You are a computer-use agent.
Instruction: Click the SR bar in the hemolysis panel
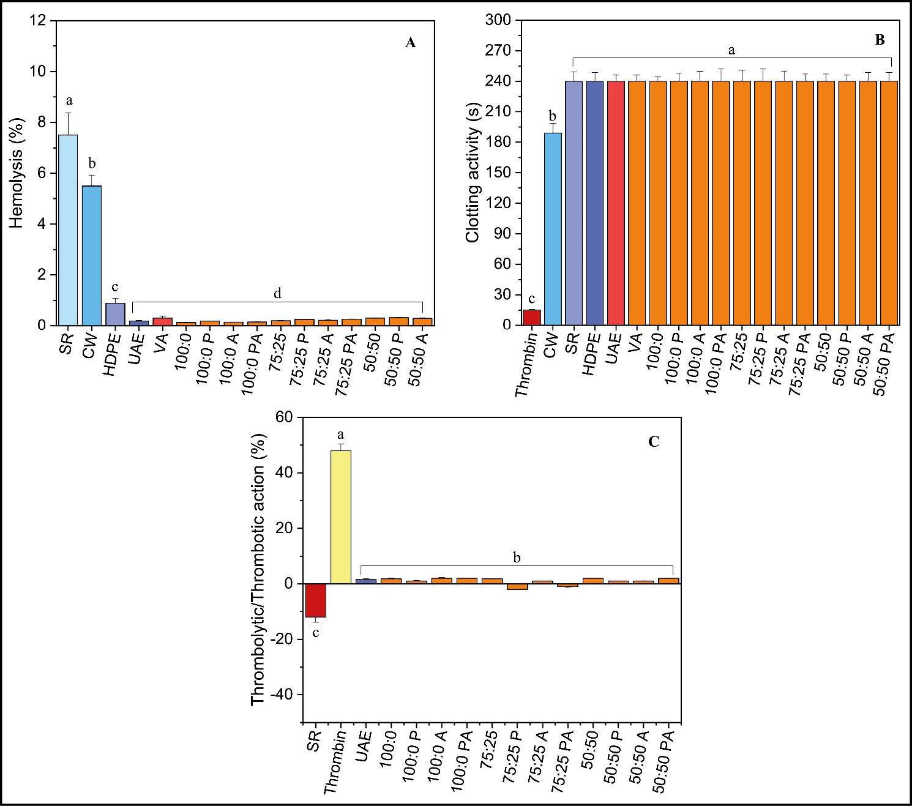coord(68,229)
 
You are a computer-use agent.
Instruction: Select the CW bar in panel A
coord(92,255)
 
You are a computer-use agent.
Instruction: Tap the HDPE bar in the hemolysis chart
coord(115,314)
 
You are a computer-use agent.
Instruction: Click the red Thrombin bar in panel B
coord(531,318)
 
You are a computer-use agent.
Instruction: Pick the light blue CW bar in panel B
coord(553,229)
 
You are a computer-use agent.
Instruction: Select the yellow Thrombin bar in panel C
coord(341,517)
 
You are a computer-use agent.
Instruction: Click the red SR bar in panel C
coord(316,600)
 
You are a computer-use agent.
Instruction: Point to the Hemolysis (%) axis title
coord(16,173)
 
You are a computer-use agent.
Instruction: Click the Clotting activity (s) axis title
coord(472,173)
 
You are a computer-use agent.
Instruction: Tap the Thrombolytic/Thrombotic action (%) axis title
coord(258,569)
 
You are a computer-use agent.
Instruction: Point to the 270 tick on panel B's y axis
coord(498,51)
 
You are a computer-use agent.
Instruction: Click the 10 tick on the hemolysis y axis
coord(38,72)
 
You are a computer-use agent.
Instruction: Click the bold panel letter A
coord(410,42)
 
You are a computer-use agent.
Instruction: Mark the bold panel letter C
coord(654,442)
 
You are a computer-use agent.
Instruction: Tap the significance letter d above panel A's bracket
coord(277,294)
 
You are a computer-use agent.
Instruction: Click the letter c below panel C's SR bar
coord(316,633)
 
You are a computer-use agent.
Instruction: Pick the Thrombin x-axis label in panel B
coord(526,364)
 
